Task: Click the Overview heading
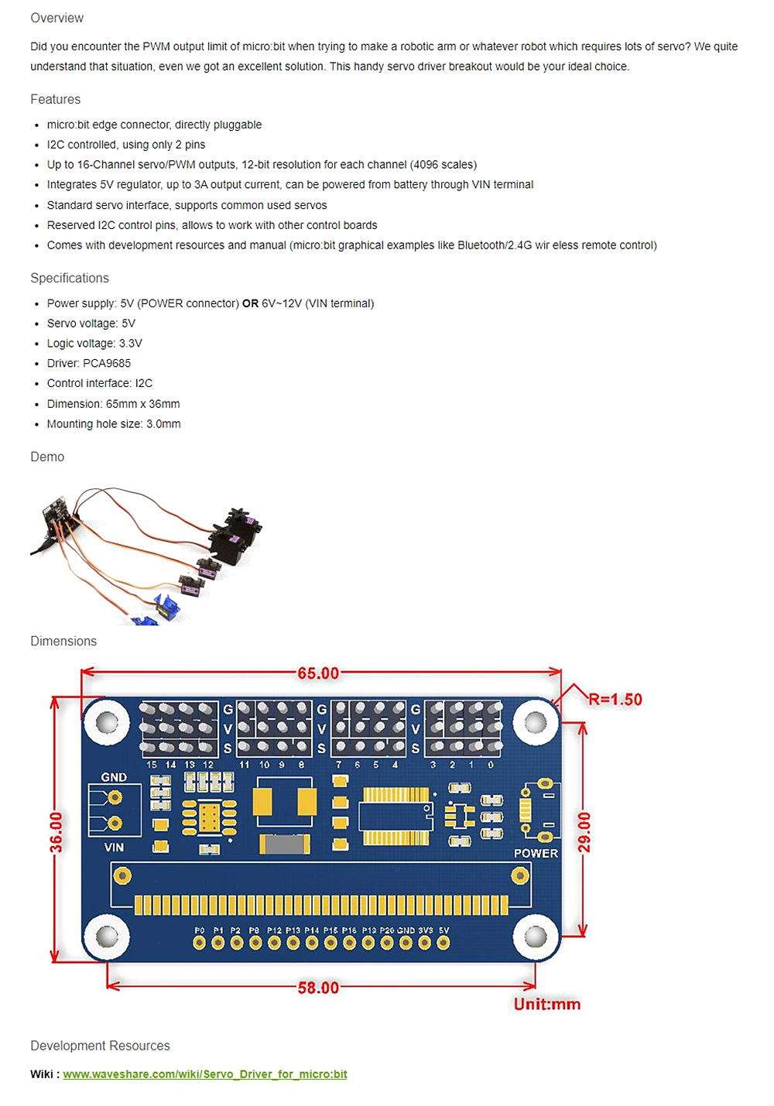[x=57, y=18]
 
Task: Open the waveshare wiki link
[x=204, y=1074]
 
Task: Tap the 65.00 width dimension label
[x=318, y=673]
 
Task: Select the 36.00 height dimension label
[x=57, y=832]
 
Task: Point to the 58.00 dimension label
[x=318, y=988]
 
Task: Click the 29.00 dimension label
[x=584, y=832]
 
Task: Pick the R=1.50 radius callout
[x=615, y=700]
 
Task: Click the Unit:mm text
[x=546, y=1005]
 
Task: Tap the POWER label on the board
[x=536, y=853]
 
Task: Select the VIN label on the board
[x=114, y=847]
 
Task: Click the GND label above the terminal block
[x=114, y=777]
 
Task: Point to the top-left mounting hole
[x=106, y=723]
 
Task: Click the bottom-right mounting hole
[x=535, y=937]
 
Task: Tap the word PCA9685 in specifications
[x=107, y=363]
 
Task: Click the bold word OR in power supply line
[x=250, y=303]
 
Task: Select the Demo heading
[x=47, y=457]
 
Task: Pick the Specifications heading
[x=70, y=278]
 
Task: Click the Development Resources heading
[x=100, y=1046]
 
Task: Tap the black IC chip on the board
[x=395, y=817]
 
